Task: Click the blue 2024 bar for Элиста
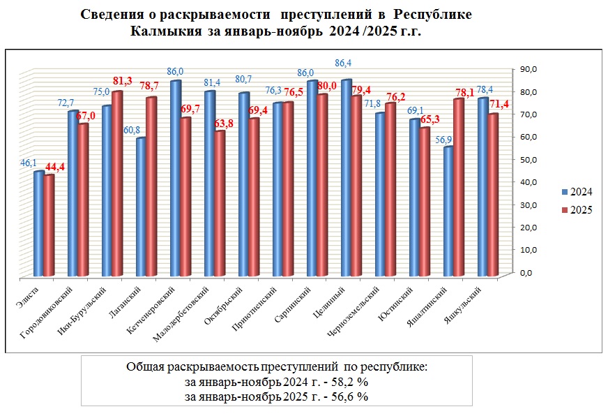(38, 223)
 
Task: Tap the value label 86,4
(344, 64)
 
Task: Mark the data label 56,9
(443, 138)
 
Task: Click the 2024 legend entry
(577, 192)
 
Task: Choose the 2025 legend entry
(577, 210)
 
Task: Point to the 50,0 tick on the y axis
(529, 159)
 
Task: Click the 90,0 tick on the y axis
(529, 69)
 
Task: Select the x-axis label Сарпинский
(287, 302)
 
